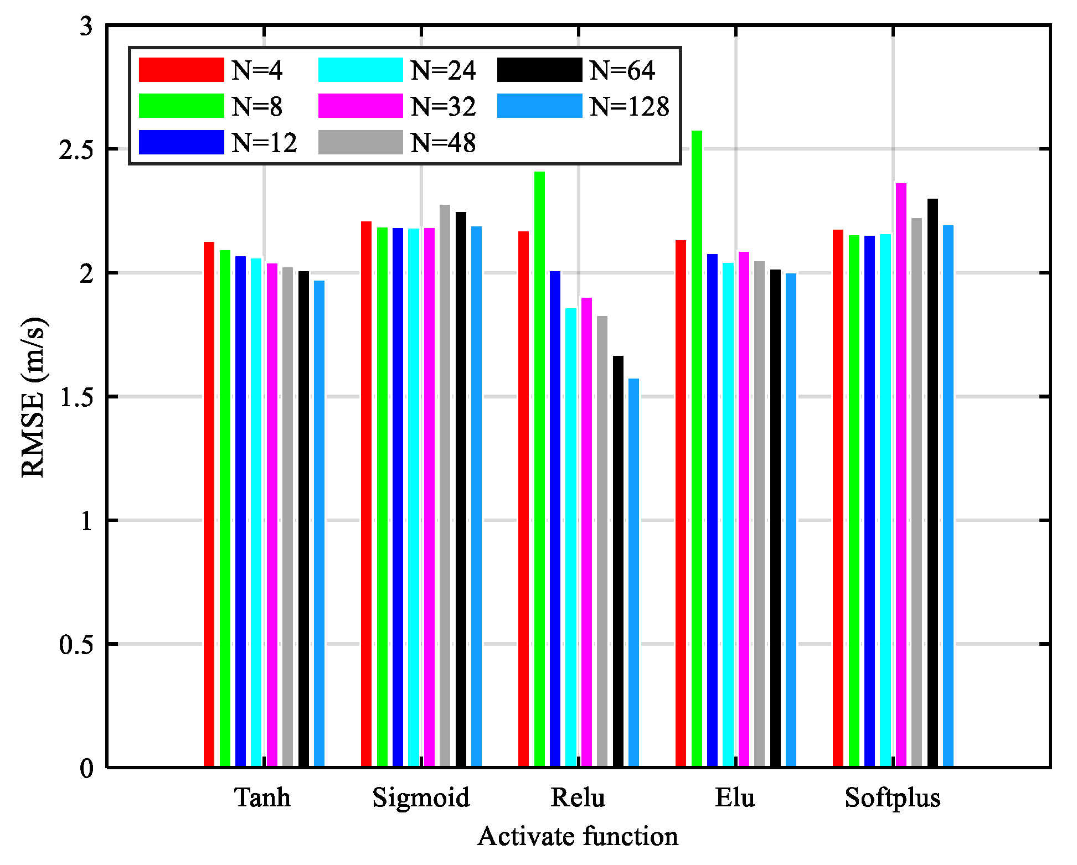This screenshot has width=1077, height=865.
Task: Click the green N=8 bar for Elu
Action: point(697,448)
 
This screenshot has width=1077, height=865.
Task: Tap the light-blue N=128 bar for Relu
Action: point(633,572)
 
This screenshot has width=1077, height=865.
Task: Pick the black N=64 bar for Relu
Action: point(618,561)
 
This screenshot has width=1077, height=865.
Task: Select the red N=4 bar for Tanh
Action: point(209,504)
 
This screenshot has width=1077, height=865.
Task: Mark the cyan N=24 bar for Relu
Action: point(571,537)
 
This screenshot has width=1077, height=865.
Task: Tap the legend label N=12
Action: point(264,143)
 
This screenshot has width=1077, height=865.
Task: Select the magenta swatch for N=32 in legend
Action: point(360,106)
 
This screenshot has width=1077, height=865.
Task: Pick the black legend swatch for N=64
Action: point(539,70)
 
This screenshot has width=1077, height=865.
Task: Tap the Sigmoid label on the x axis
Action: point(421,797)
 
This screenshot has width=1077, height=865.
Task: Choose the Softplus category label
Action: point(892,797)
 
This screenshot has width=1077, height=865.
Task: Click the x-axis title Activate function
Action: point(578,836)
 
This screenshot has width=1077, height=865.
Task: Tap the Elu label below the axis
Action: point(735,797)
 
